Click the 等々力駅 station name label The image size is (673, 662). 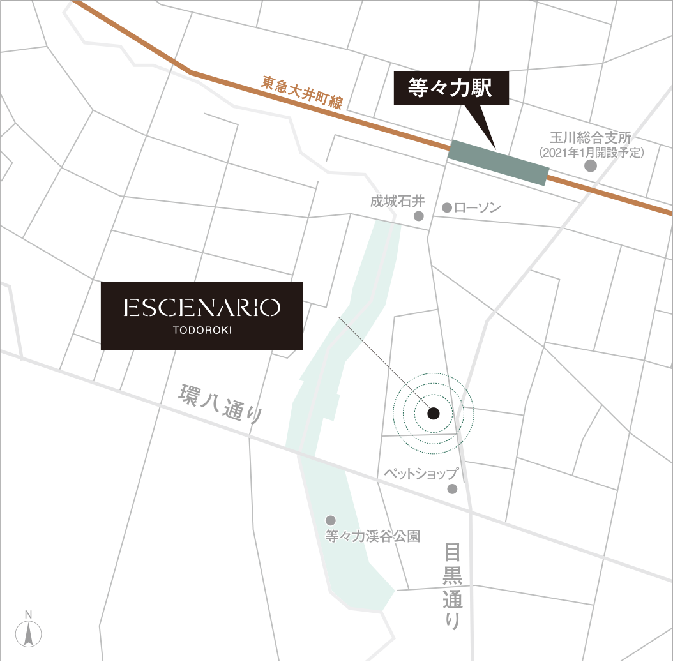450,88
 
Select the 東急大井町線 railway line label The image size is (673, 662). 302,93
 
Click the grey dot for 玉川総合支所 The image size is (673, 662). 591,166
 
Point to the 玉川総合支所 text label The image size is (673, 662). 591,138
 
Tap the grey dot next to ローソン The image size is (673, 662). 447,208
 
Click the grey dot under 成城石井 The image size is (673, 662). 419,216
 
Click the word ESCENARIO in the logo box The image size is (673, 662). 202,308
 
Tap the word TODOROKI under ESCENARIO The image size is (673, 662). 202,331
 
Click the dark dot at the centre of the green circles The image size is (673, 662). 433,414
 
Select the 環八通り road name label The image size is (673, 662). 221,405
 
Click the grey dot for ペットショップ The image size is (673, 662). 452,489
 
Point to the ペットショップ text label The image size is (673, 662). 421,474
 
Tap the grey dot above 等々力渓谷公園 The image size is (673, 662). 330,520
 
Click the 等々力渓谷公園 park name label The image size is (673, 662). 373,536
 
